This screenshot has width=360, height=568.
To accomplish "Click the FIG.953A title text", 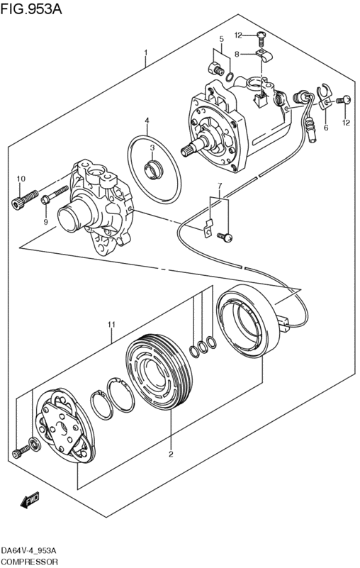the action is (x=31, y=9).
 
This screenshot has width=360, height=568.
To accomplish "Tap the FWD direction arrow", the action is (x=30, y=500).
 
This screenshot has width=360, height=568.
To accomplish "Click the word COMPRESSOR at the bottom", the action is (x=29, y=562).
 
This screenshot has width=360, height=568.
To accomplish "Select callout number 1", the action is (x=145, y=53).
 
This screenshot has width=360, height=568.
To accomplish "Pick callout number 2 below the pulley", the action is (x=171, y=454).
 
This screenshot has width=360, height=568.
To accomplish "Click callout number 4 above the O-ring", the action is (x=147, y=120).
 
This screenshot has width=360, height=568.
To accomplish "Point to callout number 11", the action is (x=111, y=325).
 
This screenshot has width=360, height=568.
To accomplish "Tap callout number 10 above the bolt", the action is (x=21, y=179).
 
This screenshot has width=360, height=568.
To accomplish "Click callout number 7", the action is (x=219, y=186).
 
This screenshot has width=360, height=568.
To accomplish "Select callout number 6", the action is (x=326, y=128).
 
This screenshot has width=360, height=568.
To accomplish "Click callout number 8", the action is (x=237, y=55).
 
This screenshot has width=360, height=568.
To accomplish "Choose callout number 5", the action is (x=221, y=39).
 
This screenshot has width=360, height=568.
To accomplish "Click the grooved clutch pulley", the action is (x=159, y=372).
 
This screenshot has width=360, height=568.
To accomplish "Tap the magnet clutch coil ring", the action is (x=248, y=321).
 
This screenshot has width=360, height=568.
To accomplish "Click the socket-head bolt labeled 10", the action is (x=25, y=199).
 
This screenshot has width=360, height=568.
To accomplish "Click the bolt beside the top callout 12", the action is (x=261, y=37).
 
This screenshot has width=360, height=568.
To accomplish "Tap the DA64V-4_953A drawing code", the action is (x=28, y=551).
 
